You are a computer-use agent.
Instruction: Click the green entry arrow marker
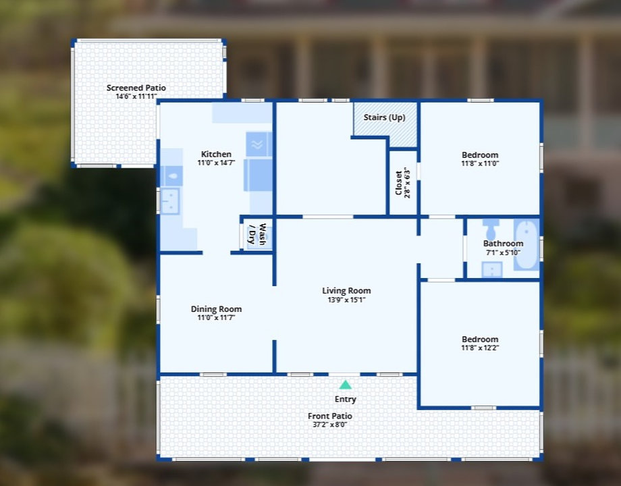pyautogui.click(x=345, y=385)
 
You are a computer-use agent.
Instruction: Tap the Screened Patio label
pyautogui.click(x=136, y=88)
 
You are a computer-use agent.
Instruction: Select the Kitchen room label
pyautogui.click(x=216, y=155)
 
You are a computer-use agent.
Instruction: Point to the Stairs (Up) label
pyautogui.click(x=384, y=117)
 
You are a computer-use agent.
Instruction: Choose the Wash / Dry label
pyautogui.click(x=258, y=233)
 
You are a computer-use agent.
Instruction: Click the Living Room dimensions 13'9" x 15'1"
pyautogui.click(x=346, y=300)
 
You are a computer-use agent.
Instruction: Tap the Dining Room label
pyautogui.click(x=216, y=309)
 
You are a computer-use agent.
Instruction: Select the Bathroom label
pyautogui.click(x=503, y=244)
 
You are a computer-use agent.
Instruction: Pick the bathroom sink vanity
pyautogui.click(x=491, y=269)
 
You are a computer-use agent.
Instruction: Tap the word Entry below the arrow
pyautogui.click(x=345, y=400)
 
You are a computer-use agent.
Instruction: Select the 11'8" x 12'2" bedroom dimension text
pyautogui.click(x=480, y=348)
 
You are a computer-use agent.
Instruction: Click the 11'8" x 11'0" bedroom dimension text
pyautogui.click(x=480, y=163)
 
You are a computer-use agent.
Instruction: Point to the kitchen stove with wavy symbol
pyautogui.click(x=258, y=144)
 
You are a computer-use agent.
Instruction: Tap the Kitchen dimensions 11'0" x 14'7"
pyautogui.click(x=216, y=163)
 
